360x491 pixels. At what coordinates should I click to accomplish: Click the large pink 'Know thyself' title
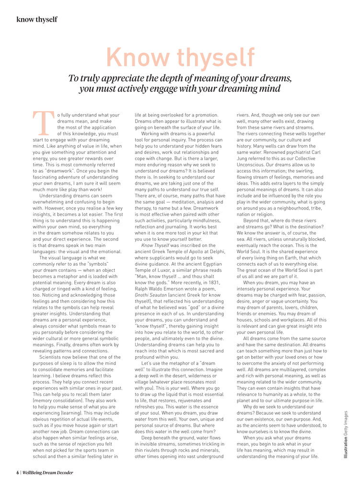pyautogui.click(x=180, y=58)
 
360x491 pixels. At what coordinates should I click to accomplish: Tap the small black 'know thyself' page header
pyautogui.click(x=37, y=19)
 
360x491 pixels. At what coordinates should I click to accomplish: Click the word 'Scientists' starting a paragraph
pyautogui.click(x=55, y=357)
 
